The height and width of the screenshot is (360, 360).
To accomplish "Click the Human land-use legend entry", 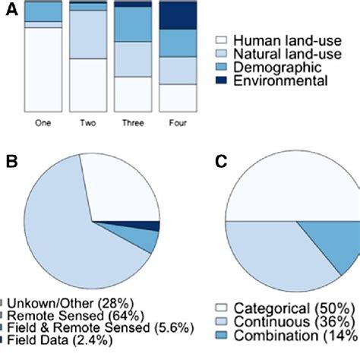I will point(263,41).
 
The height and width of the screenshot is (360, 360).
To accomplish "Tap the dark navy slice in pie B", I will point(152,226).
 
